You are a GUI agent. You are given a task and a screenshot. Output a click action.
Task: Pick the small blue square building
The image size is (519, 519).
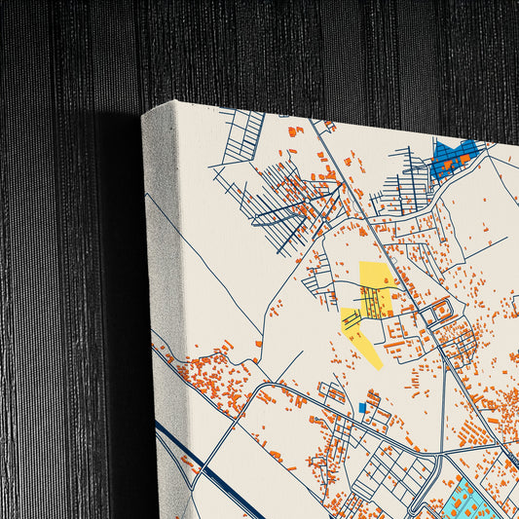pos(363,407)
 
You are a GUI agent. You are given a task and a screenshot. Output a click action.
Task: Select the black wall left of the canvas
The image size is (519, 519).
pos(58,292)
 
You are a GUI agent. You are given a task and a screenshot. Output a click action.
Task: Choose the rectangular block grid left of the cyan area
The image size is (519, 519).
pos(389,477)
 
